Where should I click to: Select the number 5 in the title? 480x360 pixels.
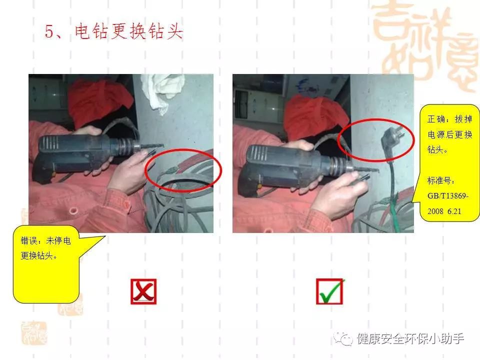pos(49,32)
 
